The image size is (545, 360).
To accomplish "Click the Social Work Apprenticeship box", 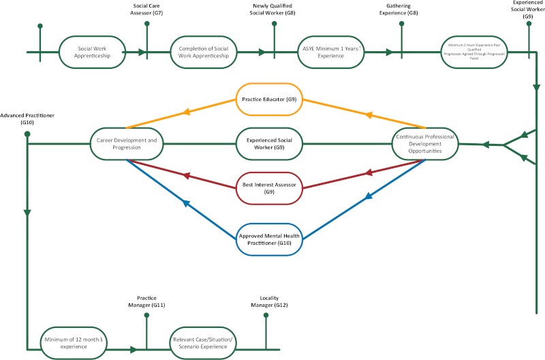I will pyautogui.click(x=93, y=52).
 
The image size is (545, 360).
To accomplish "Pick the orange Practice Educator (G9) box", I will pyautogui.click(x=269, y=100).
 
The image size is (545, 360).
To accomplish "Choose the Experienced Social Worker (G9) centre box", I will pyautogui.click(x=269, y=143).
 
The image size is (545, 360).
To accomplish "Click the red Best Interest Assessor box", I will pyautogui.click(x=269, y=188).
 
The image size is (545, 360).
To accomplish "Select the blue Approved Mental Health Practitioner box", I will pyautogui.click(x=269, y=239).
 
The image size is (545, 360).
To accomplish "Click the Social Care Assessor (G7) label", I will pyautogui.click(x=147, y=10).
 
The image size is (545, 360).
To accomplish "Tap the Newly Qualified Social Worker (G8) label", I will pyautogui.click(x=274, y=10).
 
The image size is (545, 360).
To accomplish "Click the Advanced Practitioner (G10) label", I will pyautogui.click(x=27, y=119).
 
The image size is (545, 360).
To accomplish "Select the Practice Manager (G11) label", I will pyautogui.click(x=146, y=302).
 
